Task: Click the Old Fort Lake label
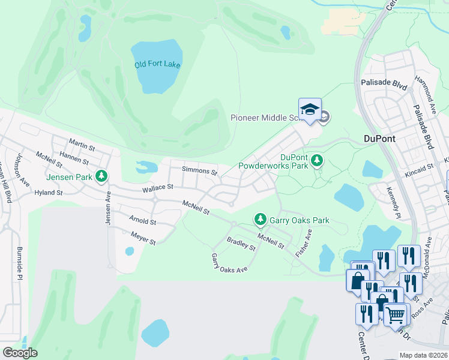[x=157, y=65]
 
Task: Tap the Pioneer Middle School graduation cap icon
[x=310, y=110]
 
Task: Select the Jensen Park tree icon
[x=102, y=176]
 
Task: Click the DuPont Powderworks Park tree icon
[x=317, y=160]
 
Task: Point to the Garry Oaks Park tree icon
[x=261, y=220]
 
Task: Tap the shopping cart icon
[x=394, y=314]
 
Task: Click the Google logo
[x=20, y=353]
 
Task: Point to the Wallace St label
[x=158, y=188]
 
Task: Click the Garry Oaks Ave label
[x=229, y=264]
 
